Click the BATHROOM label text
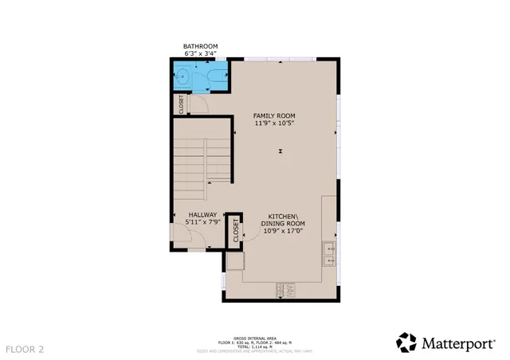[x=200, y=46]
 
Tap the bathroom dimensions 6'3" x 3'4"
[x=200, y=54]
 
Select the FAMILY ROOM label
[x=277, y=115]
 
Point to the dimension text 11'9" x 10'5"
[x=277, y=123]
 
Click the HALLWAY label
[x=202, y=214]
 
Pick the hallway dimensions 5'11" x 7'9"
[x=202, y=222]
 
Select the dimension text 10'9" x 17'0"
[x=284, y=232]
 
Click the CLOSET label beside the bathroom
[x=181, y=104]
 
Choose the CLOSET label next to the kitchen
[x=236, y=231]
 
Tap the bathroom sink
[x=182, y=78]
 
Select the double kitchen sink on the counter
[x=329, y=254]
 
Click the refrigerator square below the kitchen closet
[x=235, y=261]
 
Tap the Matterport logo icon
[x=406, y=342]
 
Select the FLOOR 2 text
[x=25, y=349]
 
